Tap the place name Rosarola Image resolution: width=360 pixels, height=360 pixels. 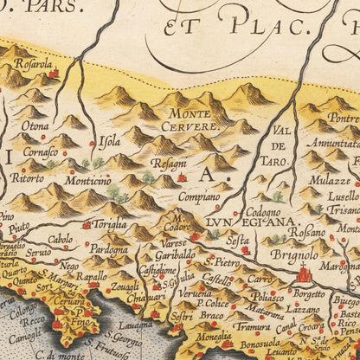(31, 64)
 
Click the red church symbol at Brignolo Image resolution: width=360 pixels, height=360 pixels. (304, 275)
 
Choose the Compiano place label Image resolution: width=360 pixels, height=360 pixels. (200, 196)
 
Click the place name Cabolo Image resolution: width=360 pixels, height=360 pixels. (61, 239)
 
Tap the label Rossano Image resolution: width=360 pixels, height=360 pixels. (307, 232)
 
